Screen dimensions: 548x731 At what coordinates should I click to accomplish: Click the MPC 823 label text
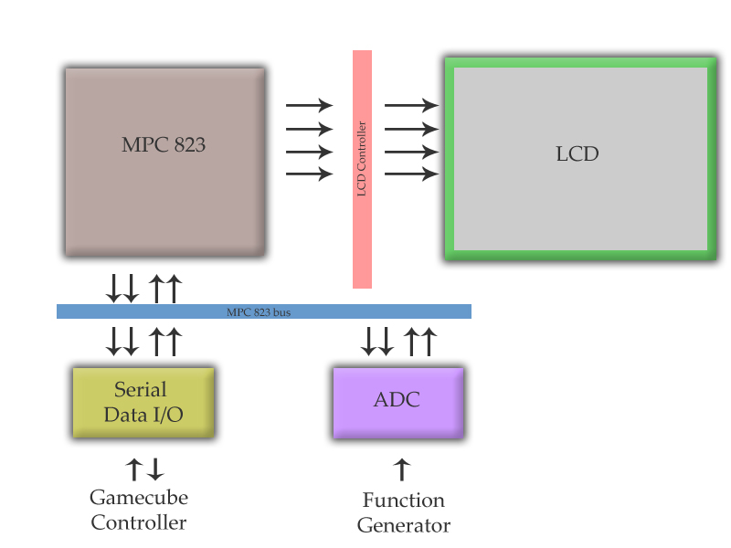[164, 144]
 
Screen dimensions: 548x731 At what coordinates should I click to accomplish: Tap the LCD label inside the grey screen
[577, 153]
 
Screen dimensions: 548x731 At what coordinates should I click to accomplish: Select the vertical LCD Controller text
[362, 159]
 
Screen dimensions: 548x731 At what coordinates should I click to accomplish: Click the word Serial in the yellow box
[142, 390]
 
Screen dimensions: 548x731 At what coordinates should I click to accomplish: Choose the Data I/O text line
[143, 414]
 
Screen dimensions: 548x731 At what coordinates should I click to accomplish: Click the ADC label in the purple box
[397, 400]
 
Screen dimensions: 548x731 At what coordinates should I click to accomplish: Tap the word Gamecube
[139, 498]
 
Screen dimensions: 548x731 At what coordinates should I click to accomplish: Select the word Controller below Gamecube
[139, 523]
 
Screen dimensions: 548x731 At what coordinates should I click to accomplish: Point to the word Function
[403, 501]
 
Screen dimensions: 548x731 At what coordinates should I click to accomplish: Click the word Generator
[403, 526]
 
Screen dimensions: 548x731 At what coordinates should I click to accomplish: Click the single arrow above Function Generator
[401, 469]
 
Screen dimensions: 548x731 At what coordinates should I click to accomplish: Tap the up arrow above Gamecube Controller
[133, 469]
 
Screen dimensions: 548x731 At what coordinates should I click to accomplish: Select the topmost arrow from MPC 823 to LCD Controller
[309, 105]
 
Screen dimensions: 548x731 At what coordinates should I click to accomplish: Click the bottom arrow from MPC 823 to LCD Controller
[309, 174]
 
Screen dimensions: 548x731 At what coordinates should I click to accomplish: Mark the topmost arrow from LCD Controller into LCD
[411, 105]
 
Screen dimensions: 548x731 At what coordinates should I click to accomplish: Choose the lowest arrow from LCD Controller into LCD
[411, 174]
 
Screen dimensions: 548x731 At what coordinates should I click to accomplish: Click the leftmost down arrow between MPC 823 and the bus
[114, 289]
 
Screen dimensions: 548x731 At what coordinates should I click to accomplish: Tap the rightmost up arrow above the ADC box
[429, 342]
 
